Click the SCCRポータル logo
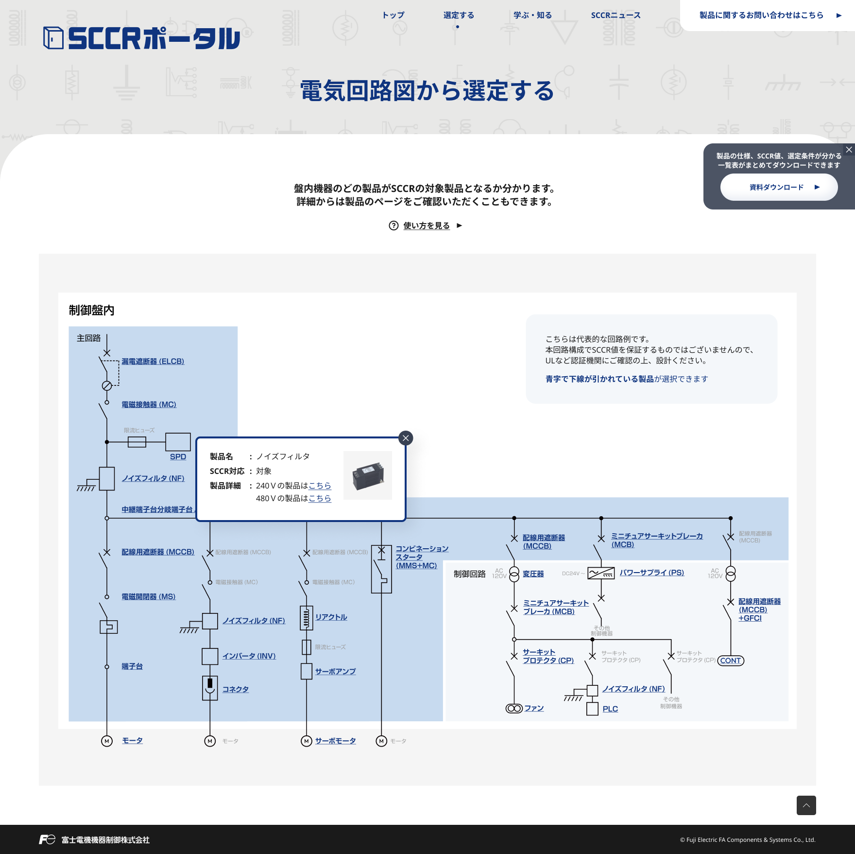(141, 38)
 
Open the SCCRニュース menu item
(616, 16)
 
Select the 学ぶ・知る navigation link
(532, 16)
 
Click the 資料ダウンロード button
(779, 187)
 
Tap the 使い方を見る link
(427, 226)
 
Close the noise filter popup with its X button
(406, 438)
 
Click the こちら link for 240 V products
(320, 486)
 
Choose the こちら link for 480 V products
(320, 498)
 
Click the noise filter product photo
(368, 475)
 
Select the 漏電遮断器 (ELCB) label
(153, 362)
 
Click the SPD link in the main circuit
(178, 457)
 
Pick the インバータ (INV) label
(249, 656)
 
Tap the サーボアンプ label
(335, 672)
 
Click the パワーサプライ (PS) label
(651, 573)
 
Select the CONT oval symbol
(731, 661)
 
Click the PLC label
(610, 709)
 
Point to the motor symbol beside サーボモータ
(307, 741)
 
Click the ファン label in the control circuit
(534, 709)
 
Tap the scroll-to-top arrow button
(806, 805)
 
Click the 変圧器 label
(533, 574)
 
